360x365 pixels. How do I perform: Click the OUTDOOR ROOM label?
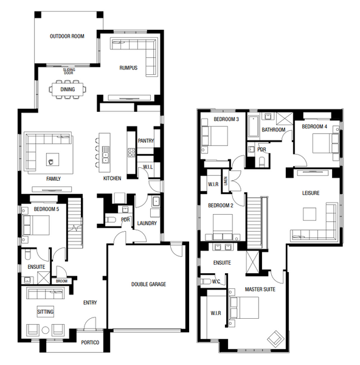point(67,36)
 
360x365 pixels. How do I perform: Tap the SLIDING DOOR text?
point(69,71)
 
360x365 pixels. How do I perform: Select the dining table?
point(67,89)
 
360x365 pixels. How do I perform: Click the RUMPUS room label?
point(128,68)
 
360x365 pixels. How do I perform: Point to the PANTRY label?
point(146,141)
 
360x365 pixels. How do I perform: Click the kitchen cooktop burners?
point(131,152)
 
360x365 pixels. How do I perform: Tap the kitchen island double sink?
point(105,155)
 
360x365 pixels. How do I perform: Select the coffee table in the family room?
point(52,159)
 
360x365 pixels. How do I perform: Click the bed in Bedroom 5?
point(36,225)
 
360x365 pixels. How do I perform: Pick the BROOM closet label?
point(61,281)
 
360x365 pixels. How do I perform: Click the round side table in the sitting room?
point(46,330)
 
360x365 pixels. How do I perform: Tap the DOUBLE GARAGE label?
point(148,284)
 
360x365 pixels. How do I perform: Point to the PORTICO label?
point(90,342)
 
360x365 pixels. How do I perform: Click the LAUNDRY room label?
point(147,223)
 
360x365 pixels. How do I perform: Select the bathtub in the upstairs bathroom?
point(254,126)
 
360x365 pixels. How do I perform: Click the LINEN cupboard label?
point(226,181)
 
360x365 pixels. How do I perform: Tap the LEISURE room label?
point(311,193)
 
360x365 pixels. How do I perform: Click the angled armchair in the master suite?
point(275,339)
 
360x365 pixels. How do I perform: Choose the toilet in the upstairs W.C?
point(206,282)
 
